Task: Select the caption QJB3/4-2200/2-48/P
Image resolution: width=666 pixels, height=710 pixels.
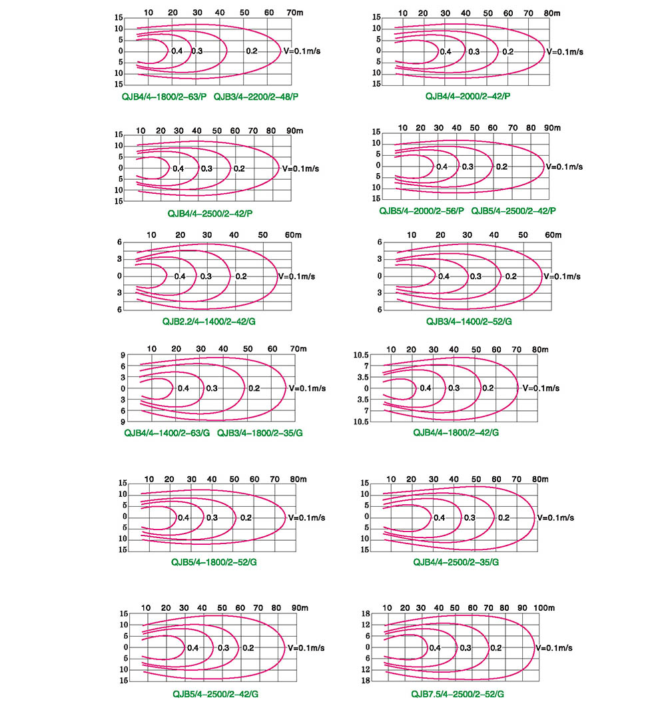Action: (x=256, y=97)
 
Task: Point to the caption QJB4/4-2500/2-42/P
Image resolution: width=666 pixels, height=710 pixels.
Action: (x=210, y=213)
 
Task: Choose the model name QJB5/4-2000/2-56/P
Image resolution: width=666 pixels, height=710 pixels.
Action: (x=422, y=211)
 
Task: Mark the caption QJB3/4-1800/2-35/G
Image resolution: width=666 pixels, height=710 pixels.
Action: (x=260, y=433)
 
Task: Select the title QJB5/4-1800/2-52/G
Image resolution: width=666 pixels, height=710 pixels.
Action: (x=214, y=562)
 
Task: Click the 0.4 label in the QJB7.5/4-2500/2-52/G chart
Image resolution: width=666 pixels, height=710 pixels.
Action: (x=435, y=647)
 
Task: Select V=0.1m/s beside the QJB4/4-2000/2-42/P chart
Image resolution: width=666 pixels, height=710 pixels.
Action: (x=565, y=51)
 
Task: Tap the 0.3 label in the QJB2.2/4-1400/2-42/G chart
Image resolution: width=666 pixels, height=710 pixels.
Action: (x=206, y=276)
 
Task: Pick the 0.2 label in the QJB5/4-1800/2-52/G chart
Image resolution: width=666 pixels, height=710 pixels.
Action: (x=246, y=518)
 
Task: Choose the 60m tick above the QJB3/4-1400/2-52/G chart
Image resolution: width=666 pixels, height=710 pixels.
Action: (x=553, y=235)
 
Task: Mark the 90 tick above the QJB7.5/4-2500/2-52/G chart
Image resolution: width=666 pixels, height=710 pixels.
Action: (x=522, y=608)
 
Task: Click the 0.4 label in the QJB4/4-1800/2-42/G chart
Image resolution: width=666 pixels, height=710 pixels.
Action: (x=426, y=388)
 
